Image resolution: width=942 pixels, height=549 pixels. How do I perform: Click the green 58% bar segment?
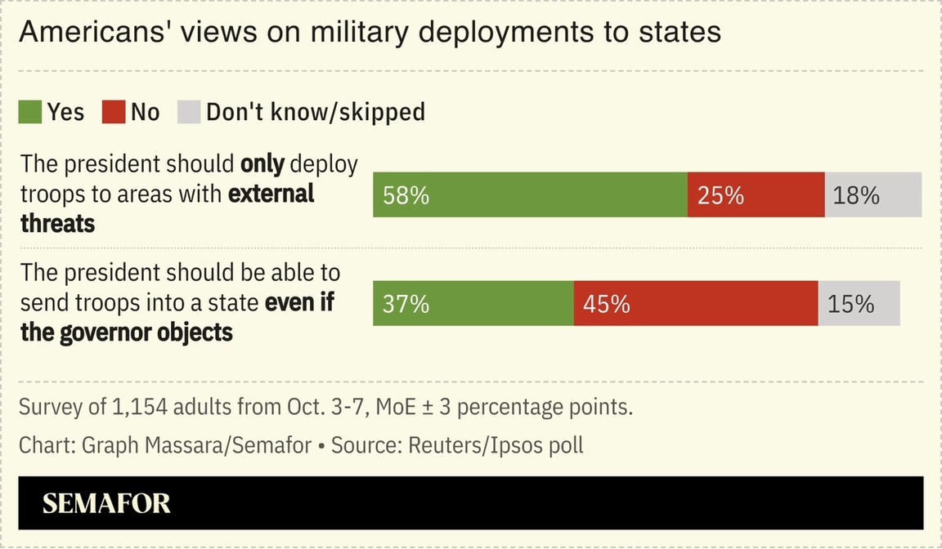[x=530, y=194]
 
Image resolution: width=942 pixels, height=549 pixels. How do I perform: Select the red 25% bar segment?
[x=756, y=194]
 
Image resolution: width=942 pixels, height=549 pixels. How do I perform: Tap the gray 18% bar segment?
[x=872, y=194]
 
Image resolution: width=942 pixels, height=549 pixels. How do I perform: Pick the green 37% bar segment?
[x=473, y=303]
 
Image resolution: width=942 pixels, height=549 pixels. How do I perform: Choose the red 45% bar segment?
[x=695, y=303]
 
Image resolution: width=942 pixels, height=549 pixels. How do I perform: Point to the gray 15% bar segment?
[x=859, y=303]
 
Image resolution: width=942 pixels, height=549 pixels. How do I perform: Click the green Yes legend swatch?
[x=30, y=112]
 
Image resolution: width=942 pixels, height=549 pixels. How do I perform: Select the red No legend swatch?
[x=114, y=112]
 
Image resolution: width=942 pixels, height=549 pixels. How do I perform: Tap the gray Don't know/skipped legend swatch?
[x=189, y=112]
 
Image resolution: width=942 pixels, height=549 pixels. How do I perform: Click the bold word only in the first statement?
[x=262, y=164]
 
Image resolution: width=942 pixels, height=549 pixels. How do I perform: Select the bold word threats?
[x=57, y=223]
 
